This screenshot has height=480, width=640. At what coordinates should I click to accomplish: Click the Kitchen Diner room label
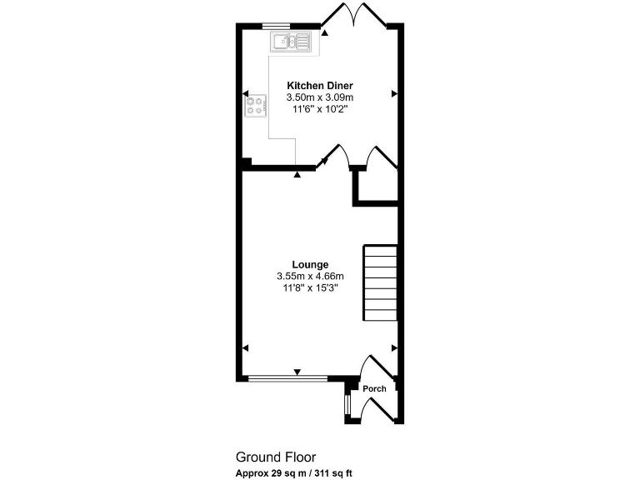pos(320,86)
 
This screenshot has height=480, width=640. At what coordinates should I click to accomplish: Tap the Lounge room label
pos(310,264)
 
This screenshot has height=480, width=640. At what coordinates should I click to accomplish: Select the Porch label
pos(374,389)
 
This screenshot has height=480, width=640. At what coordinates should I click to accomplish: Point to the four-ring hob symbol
pos(256,106)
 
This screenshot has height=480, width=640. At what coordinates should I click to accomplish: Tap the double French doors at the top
pos(357,15)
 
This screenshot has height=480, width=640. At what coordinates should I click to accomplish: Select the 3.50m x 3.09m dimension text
pos(320,97)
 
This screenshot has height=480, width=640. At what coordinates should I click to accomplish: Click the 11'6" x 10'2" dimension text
pos(320,109)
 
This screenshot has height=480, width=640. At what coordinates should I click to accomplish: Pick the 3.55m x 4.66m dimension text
pos(310,276)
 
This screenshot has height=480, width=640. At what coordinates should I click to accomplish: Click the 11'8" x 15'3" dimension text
pos(310,287)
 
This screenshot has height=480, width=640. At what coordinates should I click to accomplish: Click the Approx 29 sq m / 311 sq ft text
pos(294,472)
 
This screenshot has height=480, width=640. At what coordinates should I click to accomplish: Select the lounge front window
pos(288,378)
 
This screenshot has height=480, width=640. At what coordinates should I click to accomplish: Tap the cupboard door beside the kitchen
pos(379,158)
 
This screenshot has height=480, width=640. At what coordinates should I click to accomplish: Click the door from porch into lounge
pos(370,367)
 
